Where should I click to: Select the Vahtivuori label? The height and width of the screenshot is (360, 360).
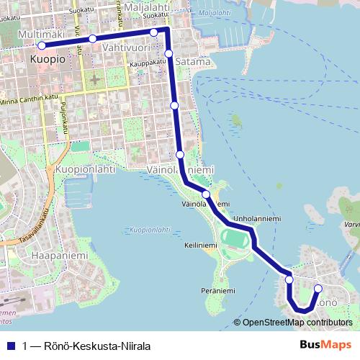point(126,48)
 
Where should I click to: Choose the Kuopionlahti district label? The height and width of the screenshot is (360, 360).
point(85,170)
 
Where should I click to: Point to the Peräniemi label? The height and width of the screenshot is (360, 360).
point(218,291)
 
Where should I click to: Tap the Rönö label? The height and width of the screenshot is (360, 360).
point(327,299)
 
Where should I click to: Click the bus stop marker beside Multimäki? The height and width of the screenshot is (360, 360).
point(42,45)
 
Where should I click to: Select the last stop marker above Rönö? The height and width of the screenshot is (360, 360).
point(318,289)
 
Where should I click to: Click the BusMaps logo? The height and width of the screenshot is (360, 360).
point(326,345)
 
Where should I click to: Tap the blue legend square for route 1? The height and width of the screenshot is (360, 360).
point(11,346)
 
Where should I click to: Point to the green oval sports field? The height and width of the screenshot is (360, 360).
point(235,238)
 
